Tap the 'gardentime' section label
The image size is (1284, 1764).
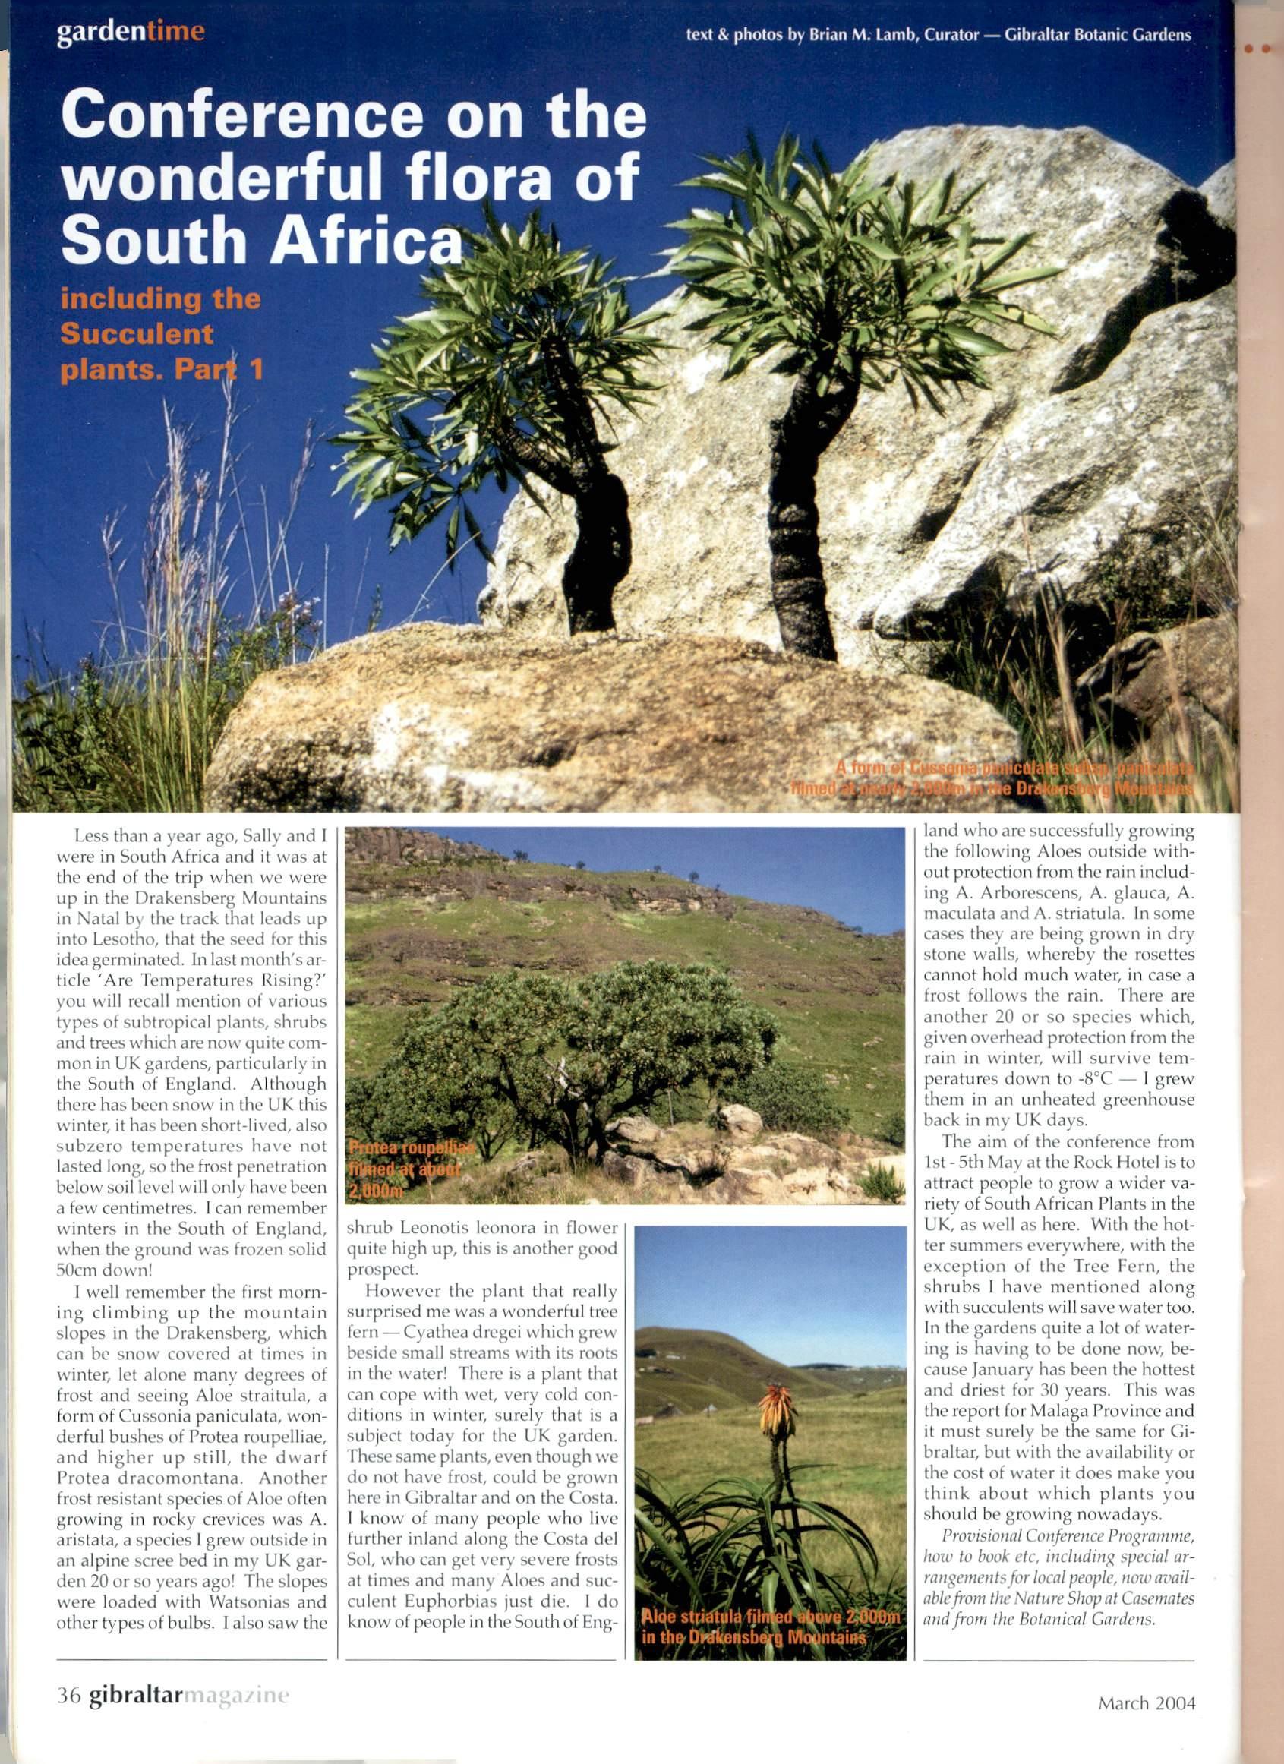pyautogui.click(x=131, y=32)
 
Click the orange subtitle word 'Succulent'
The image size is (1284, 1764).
pyautogui.click(x=137, y=333)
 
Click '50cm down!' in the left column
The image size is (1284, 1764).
pyautogui.click(x=103, y=1270)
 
